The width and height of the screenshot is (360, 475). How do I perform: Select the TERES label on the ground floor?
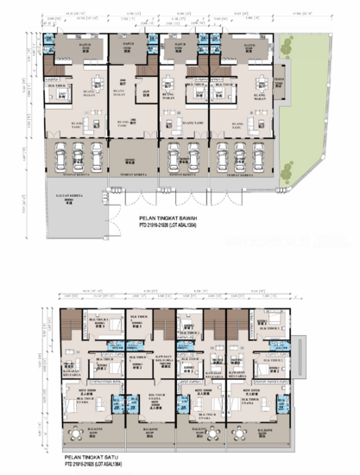[278, 80]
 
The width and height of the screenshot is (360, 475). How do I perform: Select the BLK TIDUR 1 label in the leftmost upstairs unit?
[92, 321]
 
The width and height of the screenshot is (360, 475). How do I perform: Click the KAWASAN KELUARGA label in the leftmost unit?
[72, 375]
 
